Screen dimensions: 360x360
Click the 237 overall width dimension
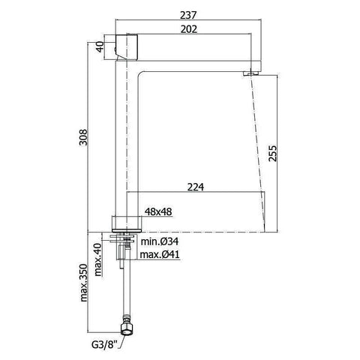(x=188, y=15)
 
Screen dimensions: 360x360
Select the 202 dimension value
(x=189, y=29)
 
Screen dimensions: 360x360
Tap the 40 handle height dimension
(x=100, y=47)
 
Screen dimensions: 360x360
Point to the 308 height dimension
(x=83, y=137)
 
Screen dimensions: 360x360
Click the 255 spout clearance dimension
(x=273, y=153)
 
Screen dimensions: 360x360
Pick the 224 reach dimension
(x=196, y=187)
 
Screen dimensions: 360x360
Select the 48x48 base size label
(x=158, y=211)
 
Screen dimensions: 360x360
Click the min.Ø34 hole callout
(x=160, y=241)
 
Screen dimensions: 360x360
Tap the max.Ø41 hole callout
(x=160, y=255)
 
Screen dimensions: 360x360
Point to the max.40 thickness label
(x=98, y=259)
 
